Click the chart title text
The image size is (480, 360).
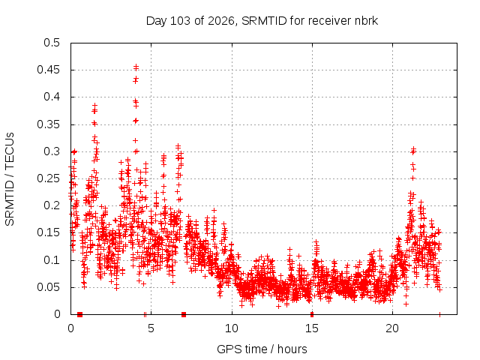[x=262, y=21]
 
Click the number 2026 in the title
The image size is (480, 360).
[x=220, y=21]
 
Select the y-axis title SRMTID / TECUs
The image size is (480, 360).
[x=10, y=179]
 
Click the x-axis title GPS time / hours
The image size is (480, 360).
[x=262, y=349]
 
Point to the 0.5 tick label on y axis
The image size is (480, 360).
[x=52, y=43]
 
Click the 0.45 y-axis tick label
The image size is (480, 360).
[x=48, y=70]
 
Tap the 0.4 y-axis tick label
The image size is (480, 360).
[x=52, y=97]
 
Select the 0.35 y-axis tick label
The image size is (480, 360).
[x=48, y=124]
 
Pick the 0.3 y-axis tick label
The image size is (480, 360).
[x=52, y=151]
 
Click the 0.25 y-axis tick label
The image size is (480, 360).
[x=48, y=178]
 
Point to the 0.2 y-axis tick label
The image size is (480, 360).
[x=52, y=205]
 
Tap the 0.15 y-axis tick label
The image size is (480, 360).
[x=48, y=232]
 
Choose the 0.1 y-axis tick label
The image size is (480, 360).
[x=52, y=260]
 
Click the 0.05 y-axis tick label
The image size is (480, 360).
[x=48, y=287]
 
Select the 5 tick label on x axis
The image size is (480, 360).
[x=151, y=328]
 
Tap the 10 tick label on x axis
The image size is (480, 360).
[x=232, y=328]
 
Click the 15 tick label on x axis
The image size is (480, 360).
[x=312, y=328]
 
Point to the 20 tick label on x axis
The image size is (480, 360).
[x=392, y=328]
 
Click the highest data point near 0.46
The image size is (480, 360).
[x=136, y=66]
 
